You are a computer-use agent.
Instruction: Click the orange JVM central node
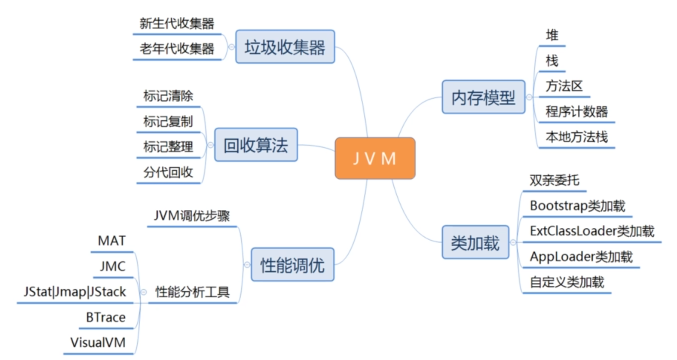[x=375, y=158]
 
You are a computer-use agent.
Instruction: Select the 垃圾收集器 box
[x=285, y=47]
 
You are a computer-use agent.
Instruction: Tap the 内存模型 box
[x=483, y=97]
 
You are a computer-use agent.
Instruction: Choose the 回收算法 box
[x=256, y=145]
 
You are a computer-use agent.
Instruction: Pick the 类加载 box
[x=475, y=242]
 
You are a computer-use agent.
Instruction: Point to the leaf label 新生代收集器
[x=177, y=23]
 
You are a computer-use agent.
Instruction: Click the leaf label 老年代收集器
[x=177, y=49]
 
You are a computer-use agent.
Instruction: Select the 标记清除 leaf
[x=168, y=96]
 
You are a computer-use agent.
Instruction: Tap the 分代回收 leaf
[x=168, y=172]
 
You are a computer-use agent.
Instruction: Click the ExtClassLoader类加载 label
[x=592, y=231]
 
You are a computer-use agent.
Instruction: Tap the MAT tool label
[x=112, y=241]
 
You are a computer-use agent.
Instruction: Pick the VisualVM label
[x=98, y=342]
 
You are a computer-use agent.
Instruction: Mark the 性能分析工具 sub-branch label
[x=193, y=292]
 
